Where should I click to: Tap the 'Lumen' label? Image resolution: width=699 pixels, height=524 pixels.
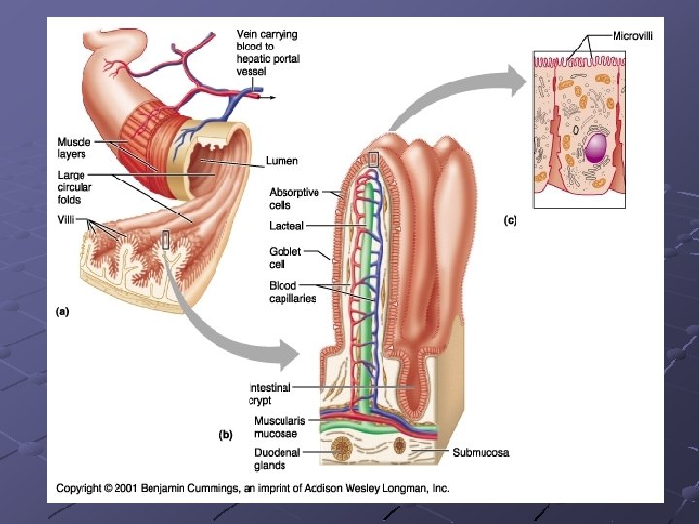(x=282, y=160)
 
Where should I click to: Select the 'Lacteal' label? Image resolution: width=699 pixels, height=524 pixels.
(x=286, y=225)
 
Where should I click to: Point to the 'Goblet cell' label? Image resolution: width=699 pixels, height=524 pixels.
(x=284, y=257)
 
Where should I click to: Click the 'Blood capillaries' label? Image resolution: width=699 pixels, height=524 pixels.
(x=292, y=292)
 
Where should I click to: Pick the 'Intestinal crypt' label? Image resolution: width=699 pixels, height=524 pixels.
(x=270, y=393)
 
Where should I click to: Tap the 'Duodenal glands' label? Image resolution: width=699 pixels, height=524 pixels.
(x=277, y=457)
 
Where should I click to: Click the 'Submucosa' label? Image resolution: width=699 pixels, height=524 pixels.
(x=481, y=453)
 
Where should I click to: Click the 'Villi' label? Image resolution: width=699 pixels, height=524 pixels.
(x=67, y=220)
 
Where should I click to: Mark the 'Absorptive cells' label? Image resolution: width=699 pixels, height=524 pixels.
(x=293, y=198)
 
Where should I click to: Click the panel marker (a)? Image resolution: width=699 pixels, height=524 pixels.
(x=61, y=311)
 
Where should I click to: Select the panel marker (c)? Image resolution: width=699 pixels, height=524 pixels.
(x=510, y=221)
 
